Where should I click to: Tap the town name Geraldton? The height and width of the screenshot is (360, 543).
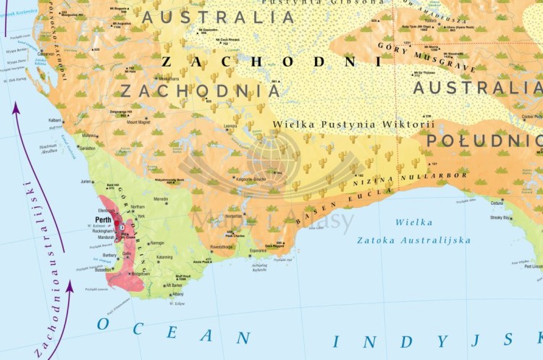(87, 148)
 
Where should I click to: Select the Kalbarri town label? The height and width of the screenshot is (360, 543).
(55, 120)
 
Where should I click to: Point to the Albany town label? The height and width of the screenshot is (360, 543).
(177, 295)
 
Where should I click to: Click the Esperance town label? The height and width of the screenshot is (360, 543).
(258, 251)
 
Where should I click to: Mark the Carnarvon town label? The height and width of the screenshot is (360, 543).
(46, 54)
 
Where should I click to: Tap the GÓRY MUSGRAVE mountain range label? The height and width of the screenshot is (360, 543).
(427, 56)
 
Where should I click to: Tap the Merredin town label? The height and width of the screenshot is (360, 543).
(161, 199)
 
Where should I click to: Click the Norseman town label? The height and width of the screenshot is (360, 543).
(235, 216)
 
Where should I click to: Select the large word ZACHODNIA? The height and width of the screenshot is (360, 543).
(201, 91)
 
